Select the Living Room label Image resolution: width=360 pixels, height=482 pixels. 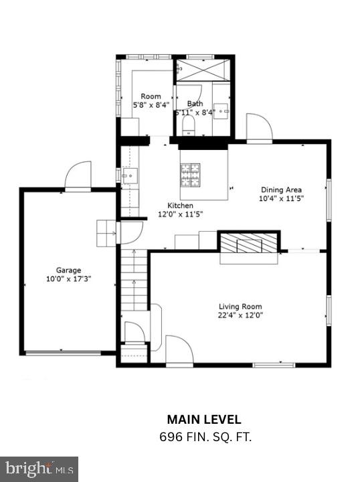coord(240,307)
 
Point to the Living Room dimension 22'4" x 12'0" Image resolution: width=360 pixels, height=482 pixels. coord(240,315)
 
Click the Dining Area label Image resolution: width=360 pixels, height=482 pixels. coord(281,189)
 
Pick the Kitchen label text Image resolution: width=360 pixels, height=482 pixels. coord(180,206)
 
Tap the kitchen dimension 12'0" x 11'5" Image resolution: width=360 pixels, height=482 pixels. coord(180,214)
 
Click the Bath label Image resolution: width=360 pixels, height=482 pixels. coord(195,104)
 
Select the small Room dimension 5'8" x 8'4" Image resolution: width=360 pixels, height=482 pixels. coord(151,105)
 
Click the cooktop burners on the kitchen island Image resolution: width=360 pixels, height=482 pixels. coord(190,173)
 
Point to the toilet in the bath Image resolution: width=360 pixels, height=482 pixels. coord(187,125)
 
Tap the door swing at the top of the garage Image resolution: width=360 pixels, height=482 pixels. coord(79,175)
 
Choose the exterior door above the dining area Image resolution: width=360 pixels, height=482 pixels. coord(258,128)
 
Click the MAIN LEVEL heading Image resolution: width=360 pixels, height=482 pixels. coord(204,420)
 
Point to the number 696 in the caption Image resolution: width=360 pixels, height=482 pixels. coord(170,436)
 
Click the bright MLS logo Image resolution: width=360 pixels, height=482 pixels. coord(39,468)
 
